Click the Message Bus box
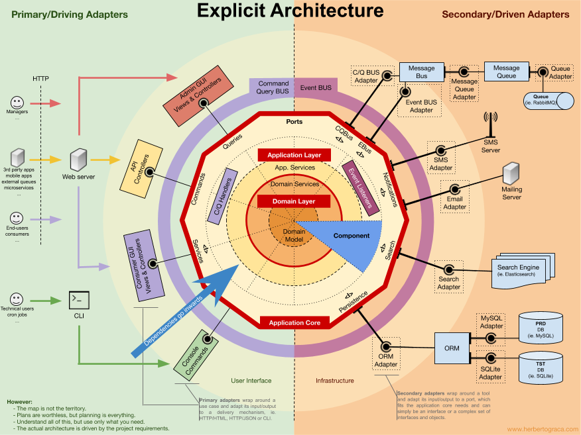point(421,72)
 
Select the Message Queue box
point(506,72)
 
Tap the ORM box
point(452,348)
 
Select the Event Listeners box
point(361,188)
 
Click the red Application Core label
point(294,322)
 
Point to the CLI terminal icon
point(79,301)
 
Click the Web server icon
point(78,160)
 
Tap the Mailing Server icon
point(511,174)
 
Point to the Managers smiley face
point(18,103)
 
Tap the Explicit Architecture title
point(290,11)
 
